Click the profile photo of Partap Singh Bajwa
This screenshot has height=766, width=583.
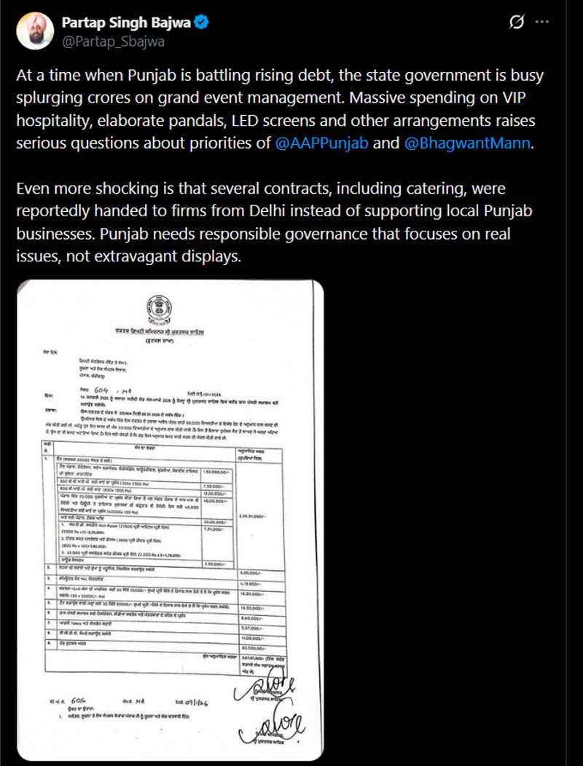[34, 31]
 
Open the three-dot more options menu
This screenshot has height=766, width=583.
[541, 23]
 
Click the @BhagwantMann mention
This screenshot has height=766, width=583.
[466, 143]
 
